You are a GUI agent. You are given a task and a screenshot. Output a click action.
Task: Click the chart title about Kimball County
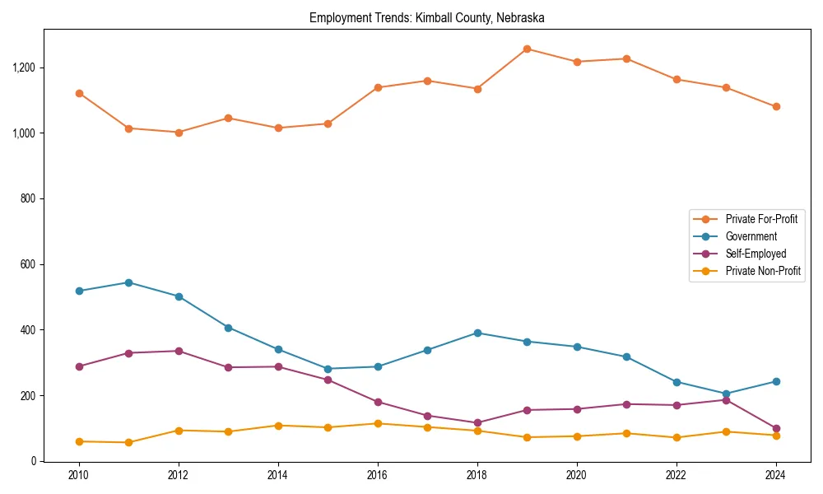click(426, 17)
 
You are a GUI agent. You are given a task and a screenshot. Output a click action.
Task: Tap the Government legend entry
click(751, 236)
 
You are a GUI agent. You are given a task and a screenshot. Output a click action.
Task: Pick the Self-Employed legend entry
click(756, 254)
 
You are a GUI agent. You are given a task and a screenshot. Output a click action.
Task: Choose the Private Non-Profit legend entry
click(763, 271)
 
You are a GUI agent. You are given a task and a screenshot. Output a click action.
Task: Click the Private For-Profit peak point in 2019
click(527, 49)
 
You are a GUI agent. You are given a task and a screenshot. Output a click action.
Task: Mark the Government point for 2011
click(128, 282)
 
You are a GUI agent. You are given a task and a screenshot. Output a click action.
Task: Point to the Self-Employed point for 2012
click(179, 351)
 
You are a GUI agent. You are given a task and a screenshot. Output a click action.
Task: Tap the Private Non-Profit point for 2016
click(378, 423)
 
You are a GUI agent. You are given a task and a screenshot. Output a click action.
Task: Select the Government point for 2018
click(477, 333)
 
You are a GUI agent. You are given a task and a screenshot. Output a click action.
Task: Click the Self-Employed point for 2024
click(776, 428)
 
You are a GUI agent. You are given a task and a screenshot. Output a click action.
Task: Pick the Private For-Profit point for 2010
click(79, 93)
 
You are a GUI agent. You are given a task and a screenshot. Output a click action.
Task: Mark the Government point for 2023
click(726, 394)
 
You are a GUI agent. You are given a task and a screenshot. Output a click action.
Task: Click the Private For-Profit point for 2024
click(776, 106)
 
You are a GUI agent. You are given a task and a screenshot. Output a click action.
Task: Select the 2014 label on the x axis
click(278, 475)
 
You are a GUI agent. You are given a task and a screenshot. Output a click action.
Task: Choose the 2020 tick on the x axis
click(577, 475)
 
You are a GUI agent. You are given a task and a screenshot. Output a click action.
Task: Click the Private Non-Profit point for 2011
click(128, 442)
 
